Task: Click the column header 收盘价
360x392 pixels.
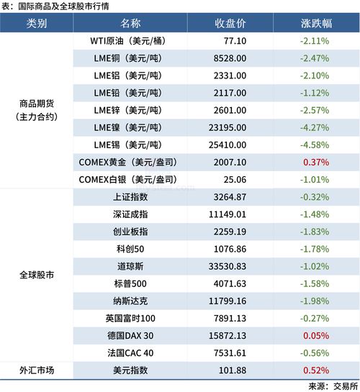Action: [230, 23]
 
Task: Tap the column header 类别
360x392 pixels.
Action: [36, 23]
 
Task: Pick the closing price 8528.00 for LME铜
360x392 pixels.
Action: [230, 58]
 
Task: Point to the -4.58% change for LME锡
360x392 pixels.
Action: [315, 145]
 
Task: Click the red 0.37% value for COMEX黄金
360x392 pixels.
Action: [315, 162]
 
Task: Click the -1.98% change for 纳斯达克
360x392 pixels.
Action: [315, 300]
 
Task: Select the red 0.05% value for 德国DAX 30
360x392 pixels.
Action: [315, 334]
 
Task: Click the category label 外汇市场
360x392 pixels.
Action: [36, 370]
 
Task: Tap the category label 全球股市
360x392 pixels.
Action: [36, 274]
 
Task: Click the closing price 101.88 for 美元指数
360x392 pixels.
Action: [230, 370]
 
